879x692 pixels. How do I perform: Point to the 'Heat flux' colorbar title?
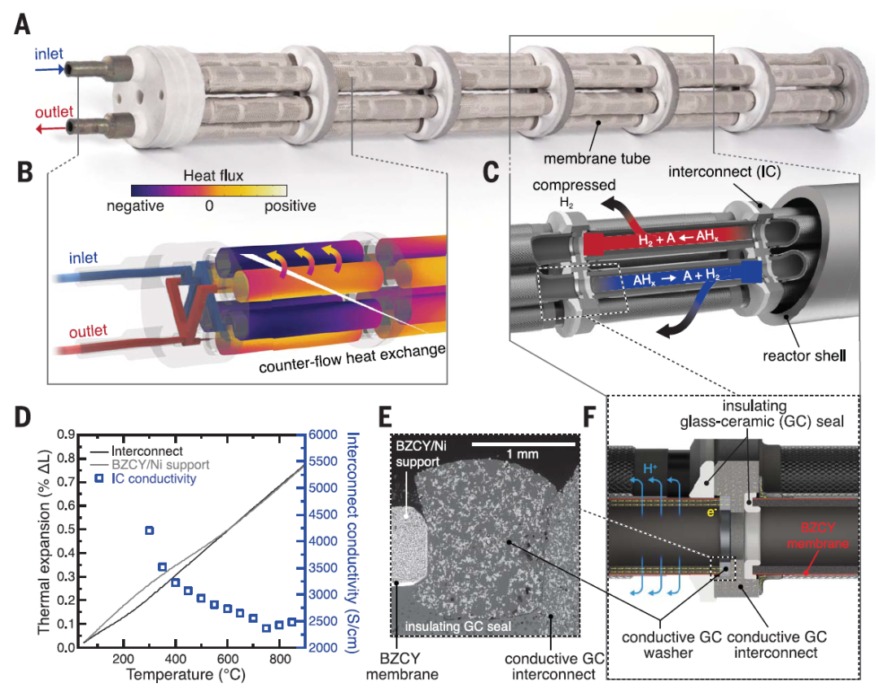click(x=209, y=175)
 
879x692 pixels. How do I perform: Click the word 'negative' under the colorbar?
click(x=135, y=206)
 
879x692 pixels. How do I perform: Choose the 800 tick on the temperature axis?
click(x=279, y=659)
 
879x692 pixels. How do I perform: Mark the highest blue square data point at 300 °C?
click(x=150, y=531)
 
